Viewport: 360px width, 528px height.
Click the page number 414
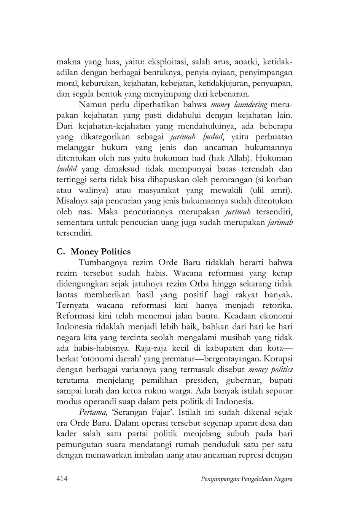[x=62, y=479]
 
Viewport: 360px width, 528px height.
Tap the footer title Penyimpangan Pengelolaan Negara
[x=246, y=479]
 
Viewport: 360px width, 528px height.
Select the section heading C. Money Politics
[x=93, y=252]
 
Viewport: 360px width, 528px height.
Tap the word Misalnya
[x=72, y=201]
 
